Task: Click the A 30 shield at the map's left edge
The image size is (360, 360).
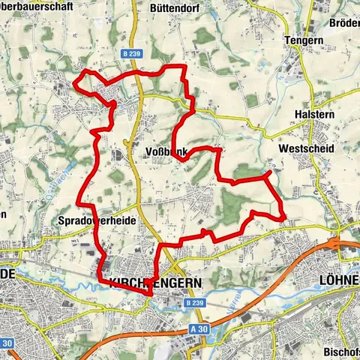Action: [x=8, y=343]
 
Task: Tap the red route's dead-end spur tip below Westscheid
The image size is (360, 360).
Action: [x=268, y=173]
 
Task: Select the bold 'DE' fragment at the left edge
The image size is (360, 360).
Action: [x=7, y=275]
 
